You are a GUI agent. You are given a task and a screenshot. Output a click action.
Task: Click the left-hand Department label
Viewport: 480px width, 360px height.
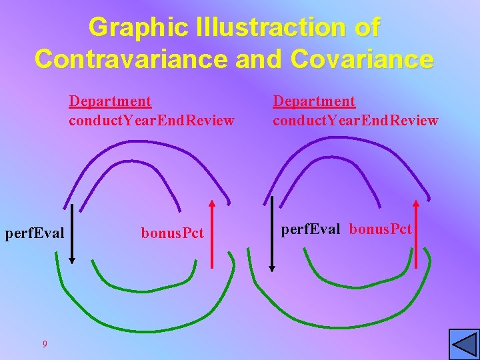[110, 101]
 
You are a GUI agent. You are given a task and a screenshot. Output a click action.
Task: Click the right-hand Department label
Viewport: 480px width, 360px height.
[314, 101]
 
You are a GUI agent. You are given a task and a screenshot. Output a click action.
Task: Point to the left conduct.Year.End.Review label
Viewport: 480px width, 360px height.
[151, 121]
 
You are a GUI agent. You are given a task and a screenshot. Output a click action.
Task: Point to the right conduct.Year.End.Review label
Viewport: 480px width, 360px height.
[355, 121]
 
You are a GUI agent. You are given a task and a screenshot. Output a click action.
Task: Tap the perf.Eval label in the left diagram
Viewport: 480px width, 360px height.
[35, 234]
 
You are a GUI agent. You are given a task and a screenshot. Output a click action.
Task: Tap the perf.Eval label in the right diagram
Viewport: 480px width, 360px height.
[311, 230]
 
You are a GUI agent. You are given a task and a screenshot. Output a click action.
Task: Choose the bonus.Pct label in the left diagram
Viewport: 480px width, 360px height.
[172, 234]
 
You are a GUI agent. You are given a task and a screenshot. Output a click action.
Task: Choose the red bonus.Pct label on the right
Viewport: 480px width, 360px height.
[381, 230]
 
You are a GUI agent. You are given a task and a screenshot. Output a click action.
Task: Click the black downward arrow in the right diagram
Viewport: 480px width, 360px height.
[271, 233]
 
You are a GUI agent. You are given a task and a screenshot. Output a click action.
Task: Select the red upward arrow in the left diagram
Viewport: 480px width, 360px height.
[212, 233]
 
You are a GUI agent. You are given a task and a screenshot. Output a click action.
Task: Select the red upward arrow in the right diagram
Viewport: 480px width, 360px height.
[416, 233]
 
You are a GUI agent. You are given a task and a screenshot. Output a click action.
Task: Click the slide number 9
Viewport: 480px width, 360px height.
[44, 344]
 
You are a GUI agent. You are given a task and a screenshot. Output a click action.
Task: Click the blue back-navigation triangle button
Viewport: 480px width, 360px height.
[464, 345]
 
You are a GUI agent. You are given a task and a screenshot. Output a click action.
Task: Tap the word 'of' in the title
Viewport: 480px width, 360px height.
[367, 27]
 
